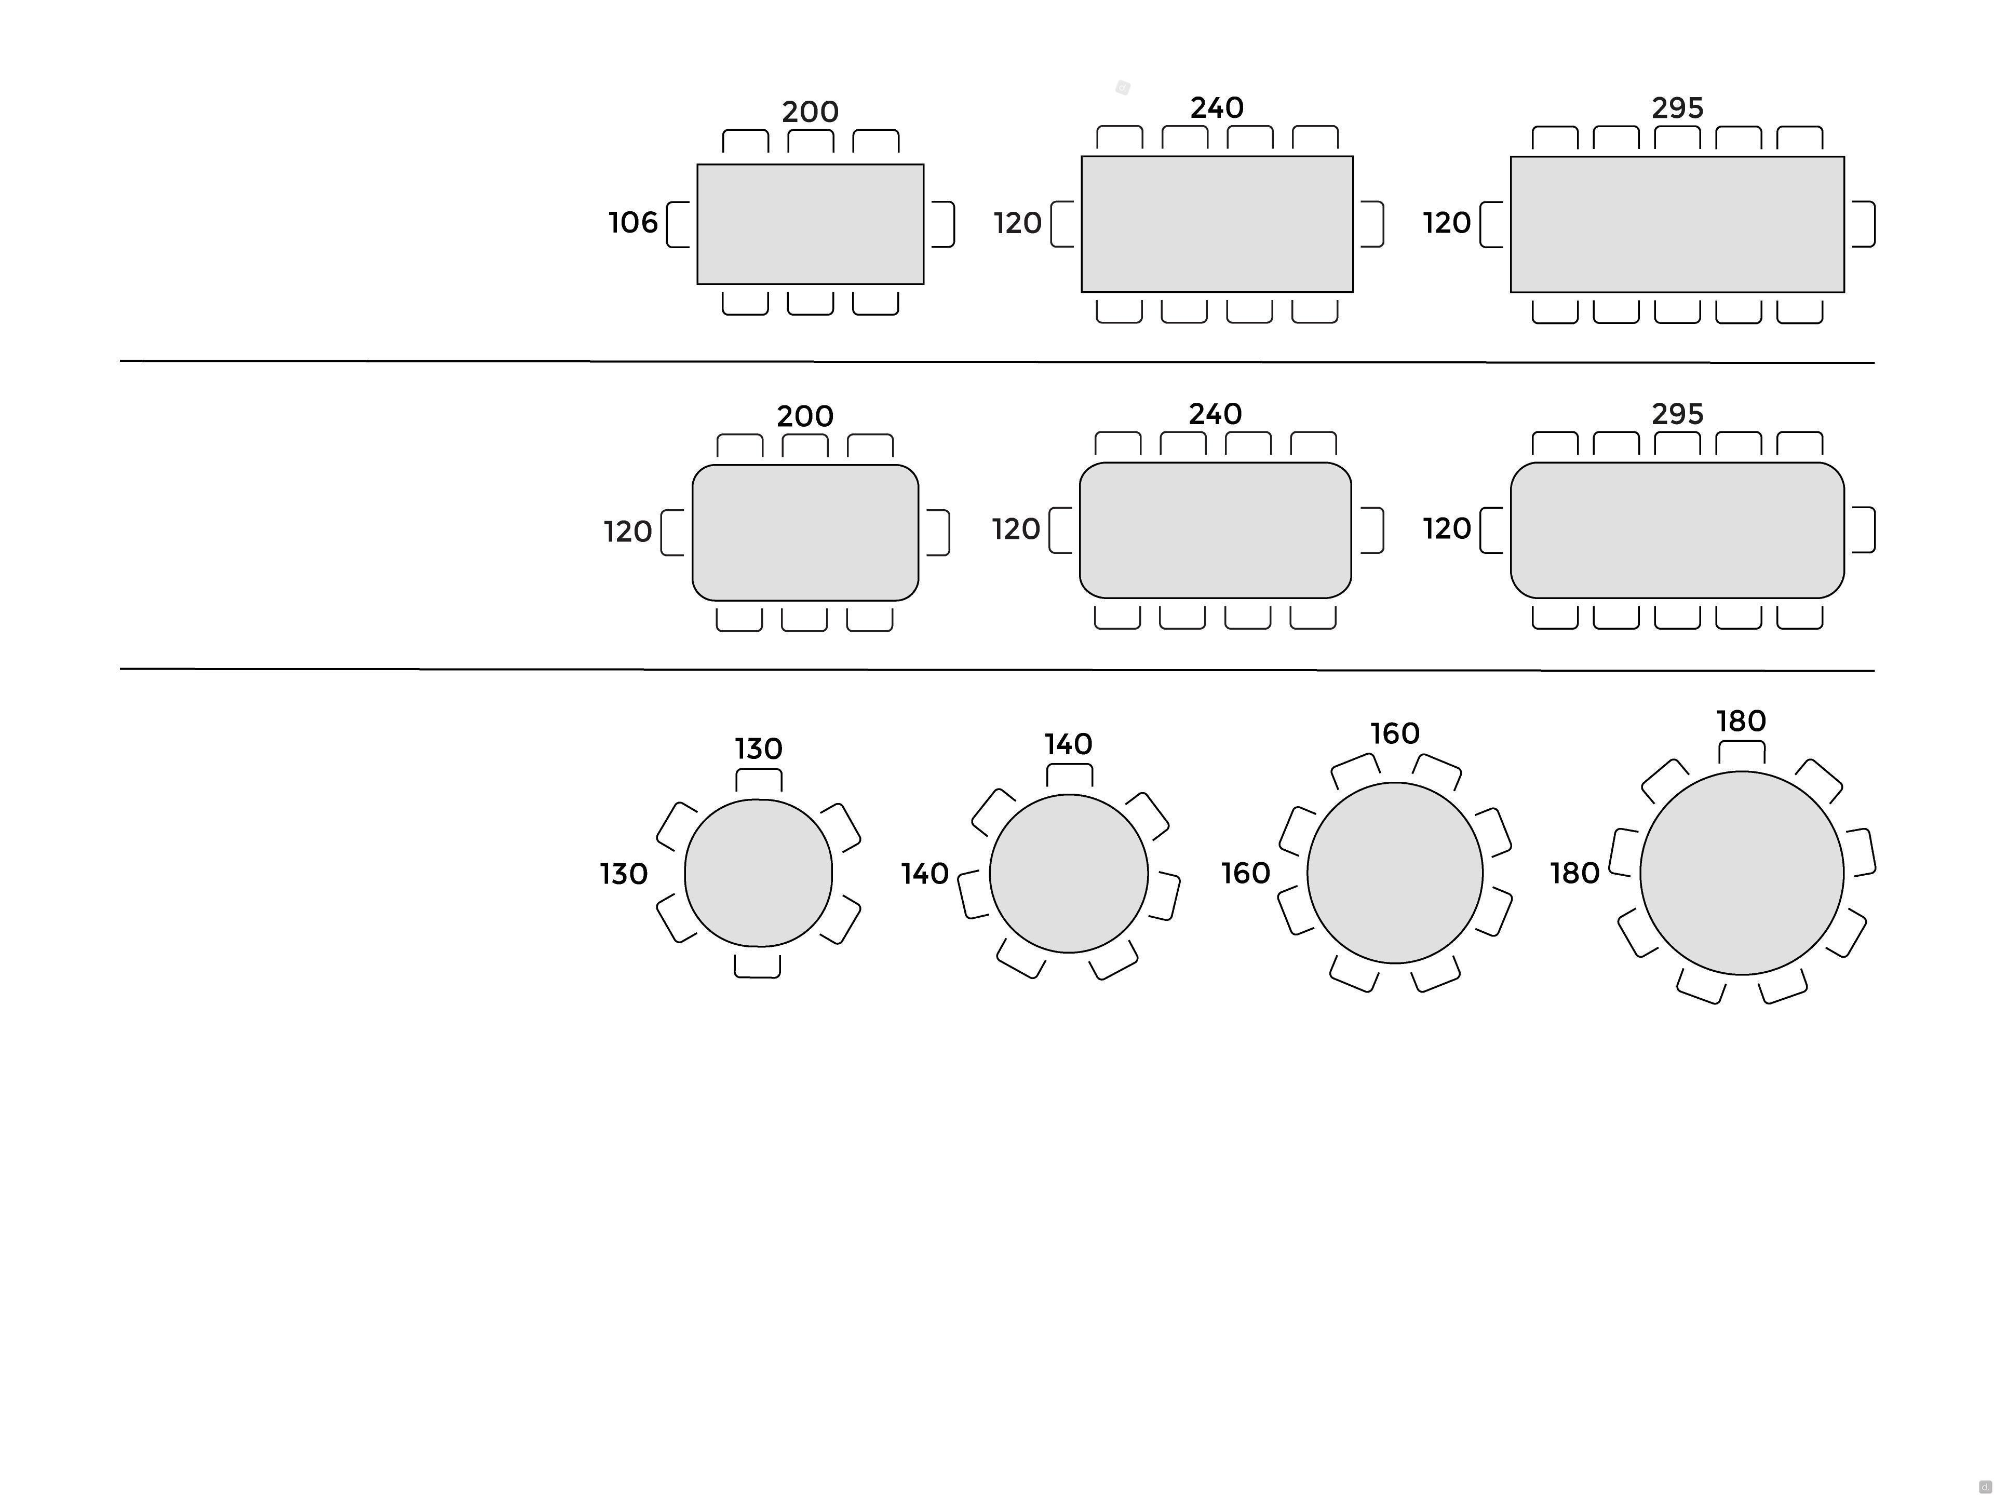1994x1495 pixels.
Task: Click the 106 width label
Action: tap(633, 223)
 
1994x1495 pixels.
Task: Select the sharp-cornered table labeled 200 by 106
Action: tap(811, 224)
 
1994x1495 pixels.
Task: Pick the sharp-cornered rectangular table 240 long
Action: tap(1217, 224)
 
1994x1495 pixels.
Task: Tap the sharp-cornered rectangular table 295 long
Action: tap(1678, 224)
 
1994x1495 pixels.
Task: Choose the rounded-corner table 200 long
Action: tap(805, 533)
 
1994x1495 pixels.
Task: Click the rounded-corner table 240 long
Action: tap(1215, 530)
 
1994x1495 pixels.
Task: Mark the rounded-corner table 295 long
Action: tap(1678, 530)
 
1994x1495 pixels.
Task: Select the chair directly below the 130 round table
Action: tap(757, 966)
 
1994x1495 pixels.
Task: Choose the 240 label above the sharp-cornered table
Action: tap(1217, 108)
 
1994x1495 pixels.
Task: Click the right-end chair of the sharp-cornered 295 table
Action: tap(1863, 224)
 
